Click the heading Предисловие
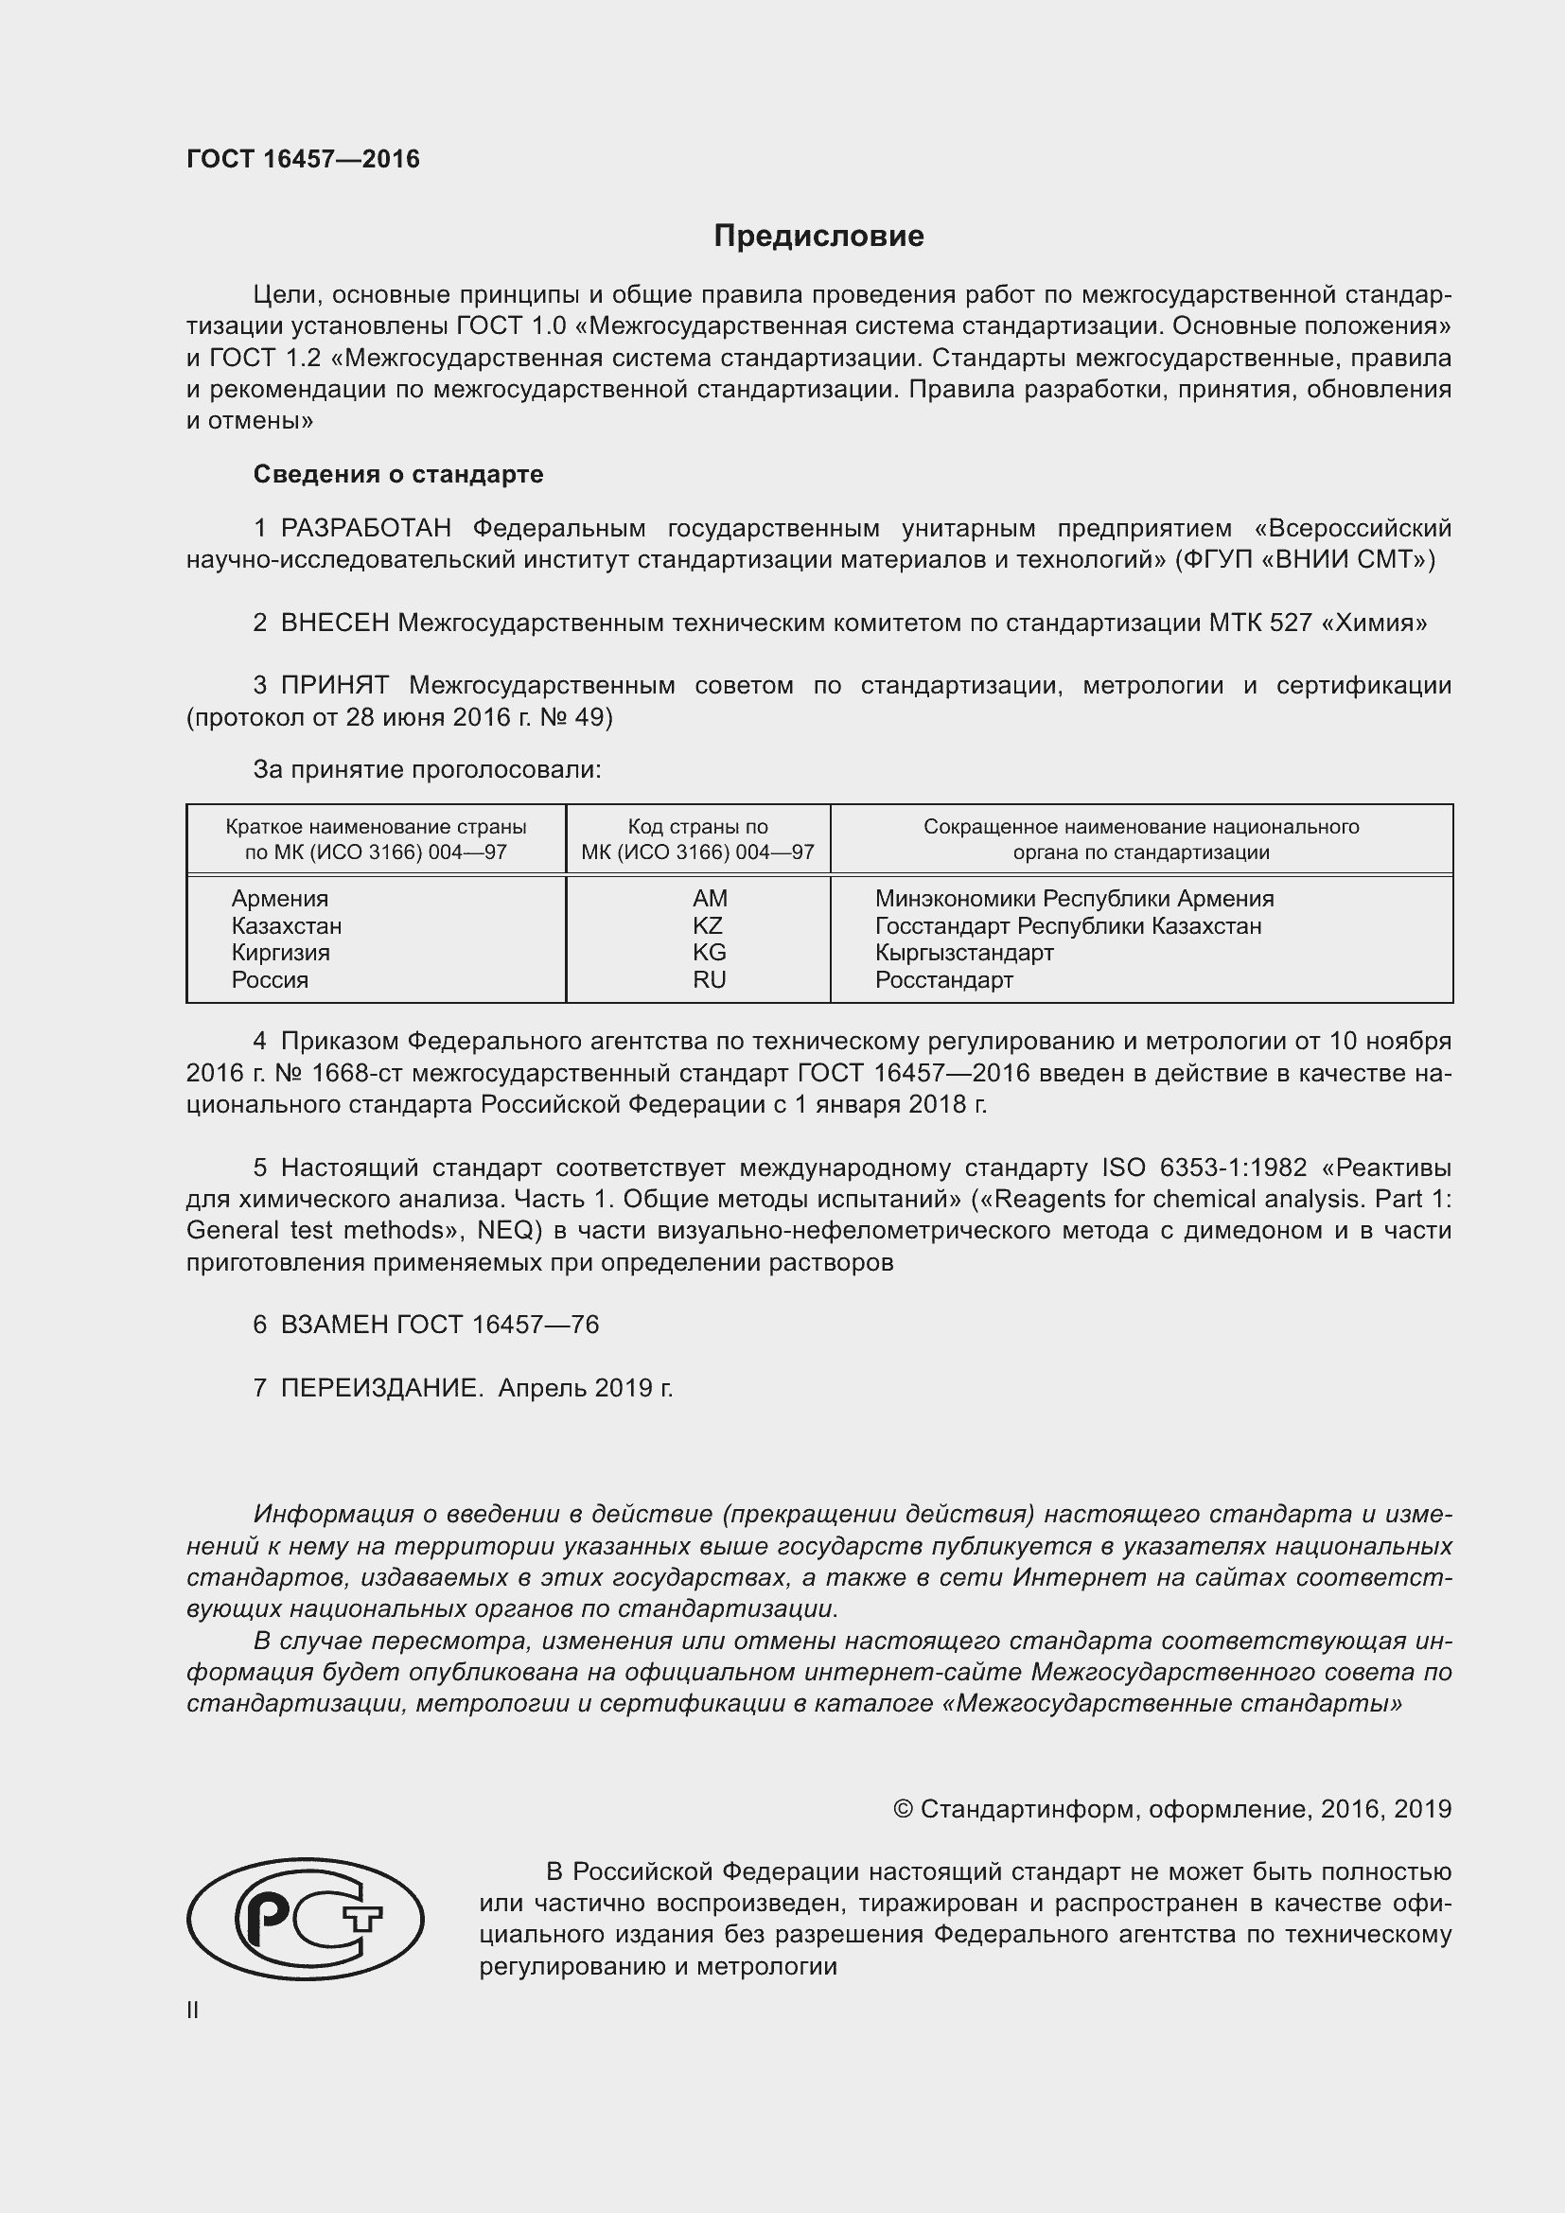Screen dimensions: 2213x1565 [818, 237]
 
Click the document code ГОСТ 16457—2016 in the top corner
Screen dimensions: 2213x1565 [303, 159]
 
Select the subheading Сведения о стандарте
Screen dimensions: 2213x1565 [398, 474]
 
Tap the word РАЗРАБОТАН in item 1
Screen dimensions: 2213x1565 [365, 528]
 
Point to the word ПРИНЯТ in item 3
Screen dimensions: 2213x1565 [334, 685]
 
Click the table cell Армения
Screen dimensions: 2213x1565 [279, 898]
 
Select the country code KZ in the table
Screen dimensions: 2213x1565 [708, 925]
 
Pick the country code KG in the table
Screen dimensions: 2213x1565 [709, 953]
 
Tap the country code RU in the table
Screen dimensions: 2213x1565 [709, 979]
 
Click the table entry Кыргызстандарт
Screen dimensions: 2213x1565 [963, 953]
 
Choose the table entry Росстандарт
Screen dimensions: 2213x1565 [943, 980]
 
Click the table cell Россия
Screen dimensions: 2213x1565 [270, 980]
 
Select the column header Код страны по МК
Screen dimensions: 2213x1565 [697, 839]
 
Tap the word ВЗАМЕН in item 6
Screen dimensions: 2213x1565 [333, 1325]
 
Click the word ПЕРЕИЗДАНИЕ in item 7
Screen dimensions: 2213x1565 [380, 1388]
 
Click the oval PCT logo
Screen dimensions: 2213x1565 [305, 1919]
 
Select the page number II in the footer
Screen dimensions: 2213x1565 [193, 2010]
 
